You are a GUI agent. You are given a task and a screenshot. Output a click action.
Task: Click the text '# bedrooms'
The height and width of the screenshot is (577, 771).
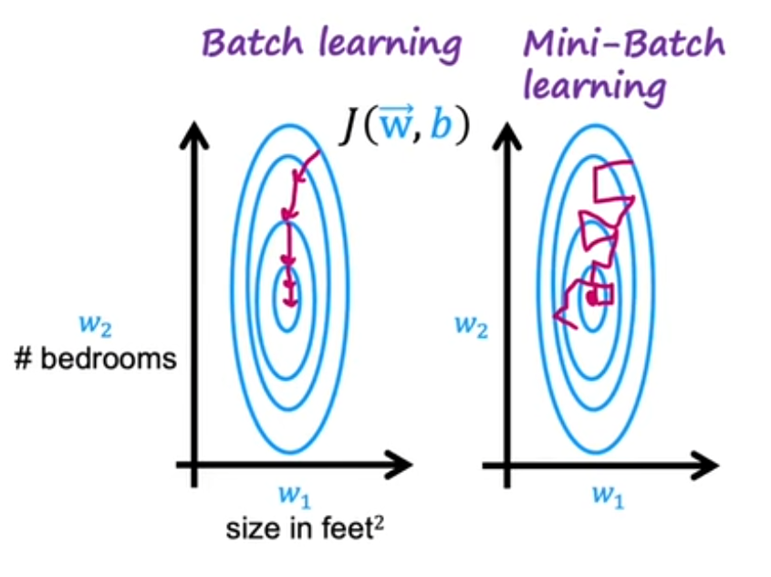pos(97,358)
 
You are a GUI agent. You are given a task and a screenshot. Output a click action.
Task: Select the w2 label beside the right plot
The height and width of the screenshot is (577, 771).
pos(471,325)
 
